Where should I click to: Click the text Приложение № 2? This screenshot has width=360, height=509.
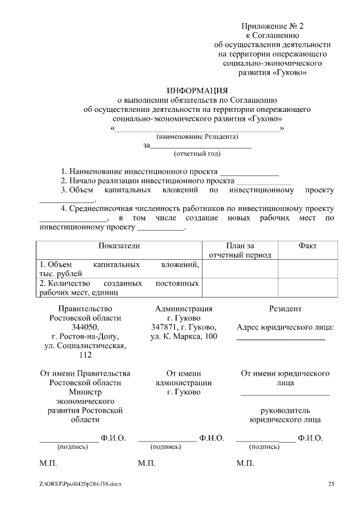272,26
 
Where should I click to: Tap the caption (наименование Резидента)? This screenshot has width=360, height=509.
197,137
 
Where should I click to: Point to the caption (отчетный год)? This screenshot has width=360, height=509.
197,154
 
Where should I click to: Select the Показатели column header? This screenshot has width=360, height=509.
119,246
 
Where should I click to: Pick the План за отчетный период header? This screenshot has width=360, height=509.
240,250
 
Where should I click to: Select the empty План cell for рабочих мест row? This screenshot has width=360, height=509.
240,287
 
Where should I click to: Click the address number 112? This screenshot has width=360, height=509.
85,355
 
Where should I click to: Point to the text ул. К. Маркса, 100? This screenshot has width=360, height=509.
184,336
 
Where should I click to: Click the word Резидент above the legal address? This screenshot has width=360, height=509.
285,308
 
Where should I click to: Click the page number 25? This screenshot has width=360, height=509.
331,484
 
